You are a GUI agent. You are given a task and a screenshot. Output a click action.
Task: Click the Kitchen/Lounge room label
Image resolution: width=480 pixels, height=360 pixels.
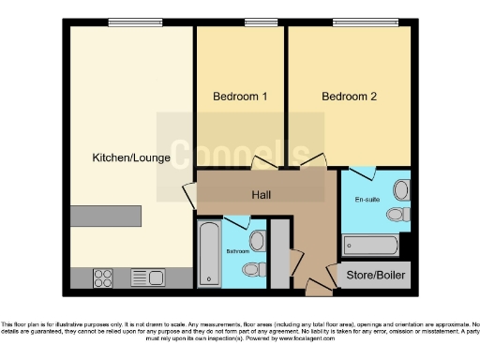pos(131,157)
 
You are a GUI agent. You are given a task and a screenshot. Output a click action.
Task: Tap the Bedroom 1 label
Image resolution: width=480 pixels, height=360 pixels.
pos(240,97)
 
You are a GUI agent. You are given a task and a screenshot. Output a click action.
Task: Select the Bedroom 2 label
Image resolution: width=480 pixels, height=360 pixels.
pos(349,97)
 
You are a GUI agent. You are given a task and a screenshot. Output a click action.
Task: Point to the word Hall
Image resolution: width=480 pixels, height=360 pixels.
pos(262,194)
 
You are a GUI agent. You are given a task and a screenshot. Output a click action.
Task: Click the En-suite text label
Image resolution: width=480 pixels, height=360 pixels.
pos(367,200)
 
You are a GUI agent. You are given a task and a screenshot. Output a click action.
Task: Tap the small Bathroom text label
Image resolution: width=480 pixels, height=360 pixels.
pos(237,252)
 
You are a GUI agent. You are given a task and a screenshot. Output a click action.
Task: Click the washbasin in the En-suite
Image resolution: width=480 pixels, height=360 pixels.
pos(401,191)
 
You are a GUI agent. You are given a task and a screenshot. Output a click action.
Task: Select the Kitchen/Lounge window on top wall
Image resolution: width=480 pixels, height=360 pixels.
pos(131,22)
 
